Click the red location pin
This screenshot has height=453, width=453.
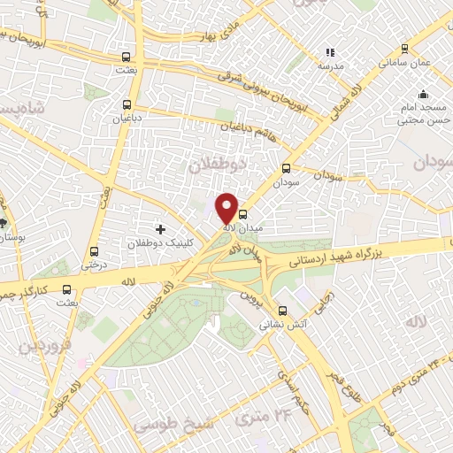click(227, 208)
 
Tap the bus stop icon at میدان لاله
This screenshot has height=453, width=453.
click(243, 213)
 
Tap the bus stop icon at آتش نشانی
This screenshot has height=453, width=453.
click(282, 311)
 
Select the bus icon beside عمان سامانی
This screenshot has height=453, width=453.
click(404, 50)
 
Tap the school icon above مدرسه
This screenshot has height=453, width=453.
click(331, 53)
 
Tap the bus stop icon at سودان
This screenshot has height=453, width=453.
click(286, 168)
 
